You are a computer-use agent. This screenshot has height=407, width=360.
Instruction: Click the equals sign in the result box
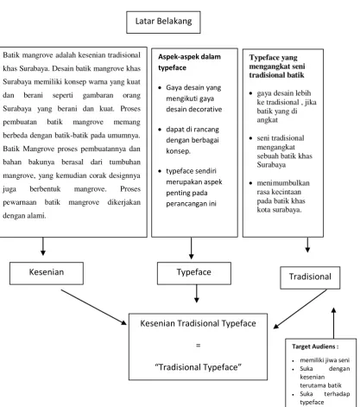pyautogui.click(x=198, y=346)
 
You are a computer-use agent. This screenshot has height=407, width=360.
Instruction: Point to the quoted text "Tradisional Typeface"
pyautogui.click(x=198, y=367)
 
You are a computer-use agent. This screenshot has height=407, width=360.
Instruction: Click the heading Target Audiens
pyautogui.click(x=315, y=347)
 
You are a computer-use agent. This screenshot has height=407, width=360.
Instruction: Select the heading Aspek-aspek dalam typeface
pyautogui.click(x=189, y=62)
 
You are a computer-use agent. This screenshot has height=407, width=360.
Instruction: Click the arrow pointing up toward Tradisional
pyautogui.click(x=333, y=323)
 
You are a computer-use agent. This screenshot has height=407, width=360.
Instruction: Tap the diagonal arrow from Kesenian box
pyautogui.click(x=94, y=307)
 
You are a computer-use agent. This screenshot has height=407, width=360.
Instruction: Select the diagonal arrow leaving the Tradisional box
pyautogui.click(x=300, y=308)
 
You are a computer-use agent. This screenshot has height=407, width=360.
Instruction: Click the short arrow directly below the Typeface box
pyautogui.click(x=197, y=294)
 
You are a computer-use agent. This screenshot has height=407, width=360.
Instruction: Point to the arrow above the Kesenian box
pyautogui.click(x=43, y=246)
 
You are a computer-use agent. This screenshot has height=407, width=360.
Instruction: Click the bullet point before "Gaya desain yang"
pyautogui.click(x=160, y=87)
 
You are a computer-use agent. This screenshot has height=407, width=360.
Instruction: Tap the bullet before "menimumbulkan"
pyautogui.click(x=250, y=183)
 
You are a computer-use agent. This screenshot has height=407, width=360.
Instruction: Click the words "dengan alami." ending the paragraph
pyautogui.click(x=24, y=216)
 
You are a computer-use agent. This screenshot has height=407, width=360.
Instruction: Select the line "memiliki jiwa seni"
pyautogui.click(x=325, y=360)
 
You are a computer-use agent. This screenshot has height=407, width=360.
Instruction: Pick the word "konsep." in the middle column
pyautogui.click(x=178, y=151)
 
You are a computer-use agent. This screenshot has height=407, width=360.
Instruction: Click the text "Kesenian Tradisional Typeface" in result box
pyautogui.click(x=198, y=323)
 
